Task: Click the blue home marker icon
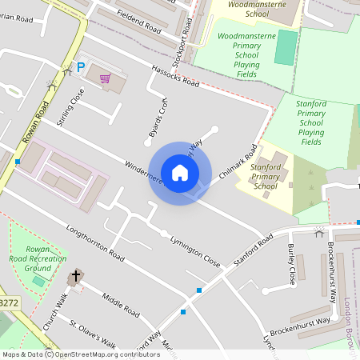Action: (180, 173)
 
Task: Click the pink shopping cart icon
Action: (105, 78)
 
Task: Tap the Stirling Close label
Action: (70, 106)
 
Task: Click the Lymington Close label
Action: (194, 250)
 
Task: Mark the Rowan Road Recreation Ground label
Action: (38, 259)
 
